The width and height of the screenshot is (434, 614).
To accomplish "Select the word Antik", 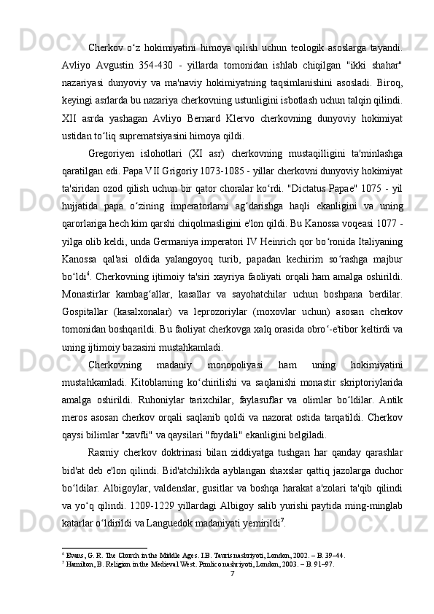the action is [x=389, y=419].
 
